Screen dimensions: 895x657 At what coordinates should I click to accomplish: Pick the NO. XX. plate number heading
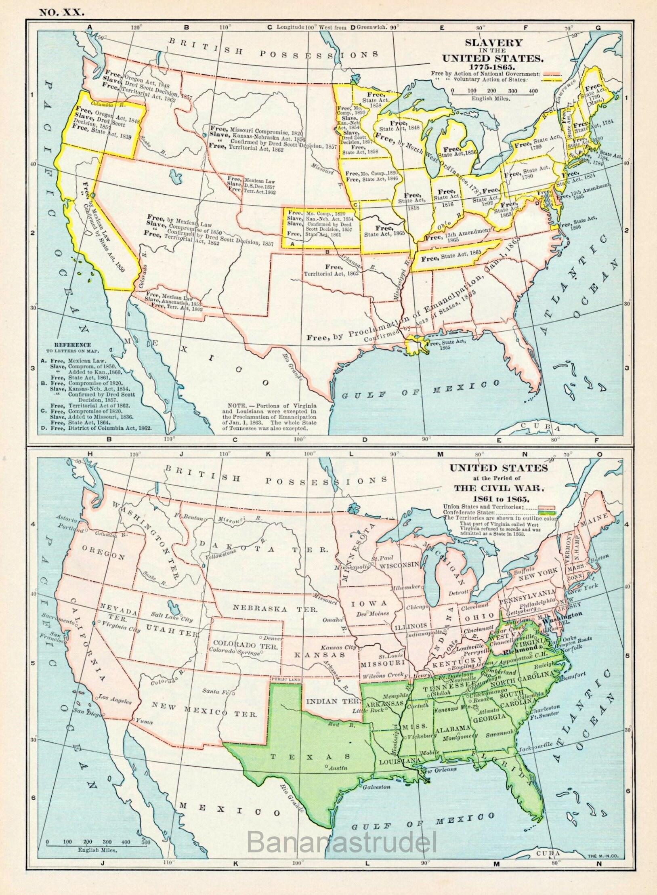click(61, 12)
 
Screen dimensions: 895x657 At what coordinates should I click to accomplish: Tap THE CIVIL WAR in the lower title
click(499, 488)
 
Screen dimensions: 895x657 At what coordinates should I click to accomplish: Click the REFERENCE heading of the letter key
click(67, 345)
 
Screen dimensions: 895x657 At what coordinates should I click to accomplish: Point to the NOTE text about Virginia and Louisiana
click(271, 416)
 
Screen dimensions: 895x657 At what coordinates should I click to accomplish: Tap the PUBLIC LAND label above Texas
click(285, 680)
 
